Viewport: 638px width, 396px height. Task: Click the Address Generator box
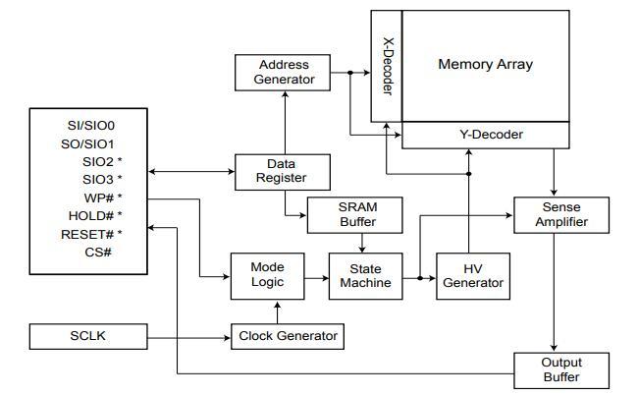[284, 72]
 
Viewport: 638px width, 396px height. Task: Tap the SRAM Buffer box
[357, 215]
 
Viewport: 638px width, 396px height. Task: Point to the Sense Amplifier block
[556, 215]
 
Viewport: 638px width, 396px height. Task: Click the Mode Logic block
[266, 274]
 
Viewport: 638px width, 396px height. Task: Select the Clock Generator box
[287, 336]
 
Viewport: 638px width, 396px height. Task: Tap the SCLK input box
[88, 336]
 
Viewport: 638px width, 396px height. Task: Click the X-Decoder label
[387, 67]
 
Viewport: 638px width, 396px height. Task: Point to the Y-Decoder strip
[486, 135]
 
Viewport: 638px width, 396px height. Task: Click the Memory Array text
[485, 65]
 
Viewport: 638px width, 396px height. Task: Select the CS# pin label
[97, 252]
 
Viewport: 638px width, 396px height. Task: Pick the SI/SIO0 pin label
[91, 126]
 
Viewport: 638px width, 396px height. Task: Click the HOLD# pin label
[95, 216]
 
